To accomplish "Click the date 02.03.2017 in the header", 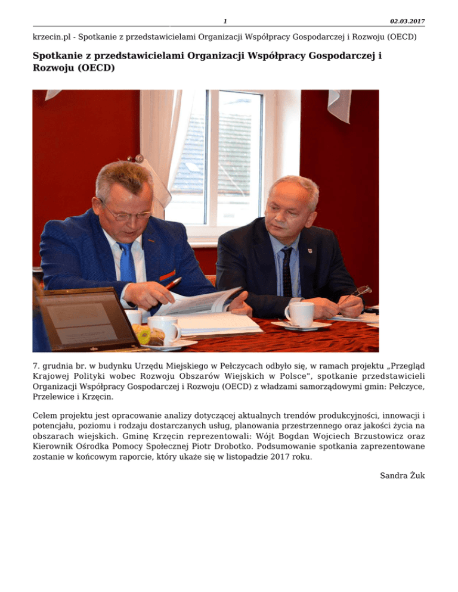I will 407,21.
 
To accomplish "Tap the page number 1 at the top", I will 225,21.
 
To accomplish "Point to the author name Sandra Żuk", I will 402,475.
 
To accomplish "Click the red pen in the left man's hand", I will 173,283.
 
